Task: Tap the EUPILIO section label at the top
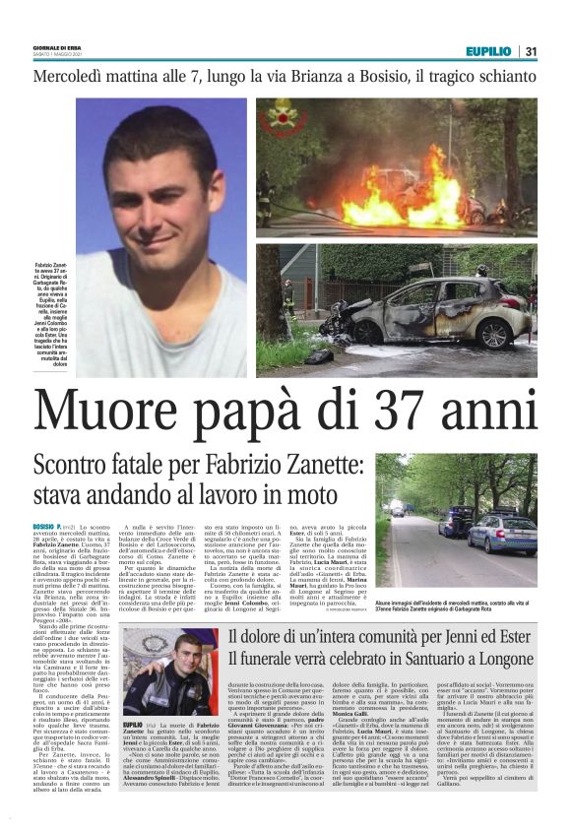click(x=488, y=50)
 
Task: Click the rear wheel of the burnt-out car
click(x=491, y=333)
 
